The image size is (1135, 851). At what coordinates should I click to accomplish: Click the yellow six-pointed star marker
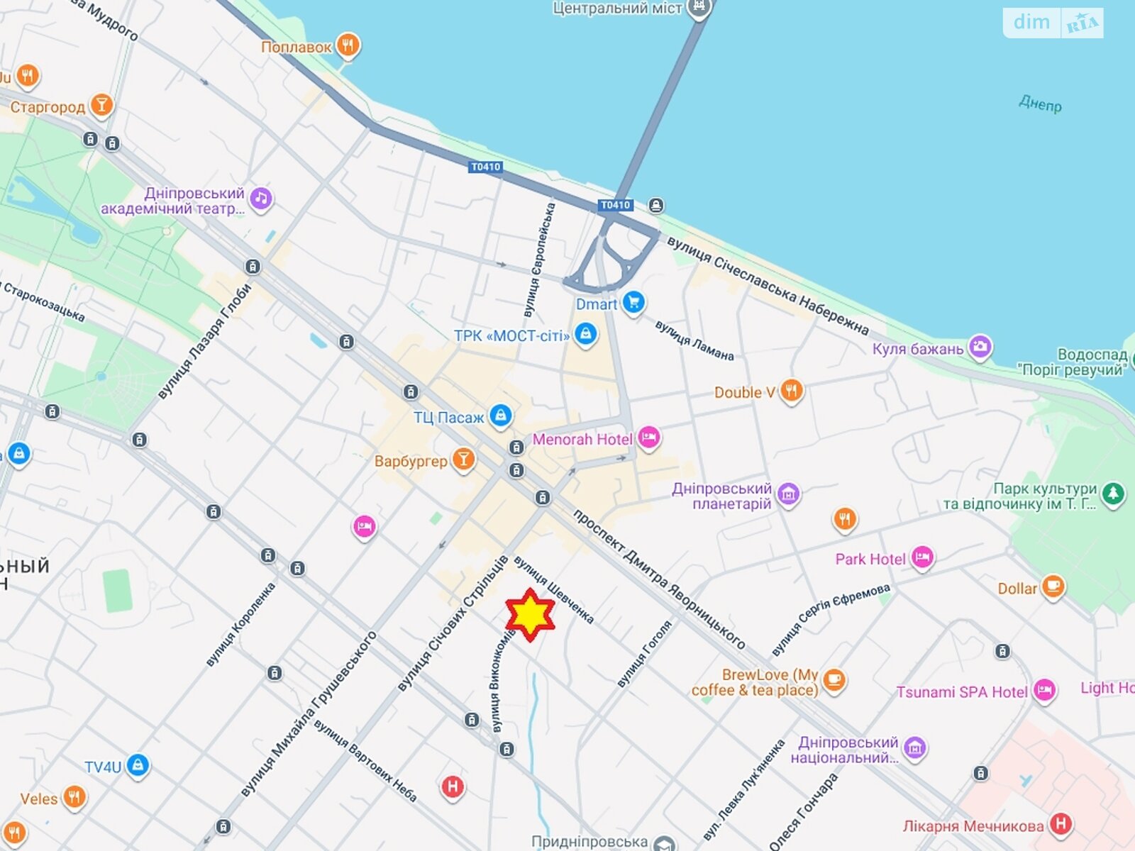pos(530,615)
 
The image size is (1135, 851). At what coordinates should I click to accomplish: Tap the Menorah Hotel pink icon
pos(648,438)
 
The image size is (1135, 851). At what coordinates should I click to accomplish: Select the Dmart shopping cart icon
pos(633,303)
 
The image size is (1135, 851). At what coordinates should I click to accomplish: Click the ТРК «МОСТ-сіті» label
pos(511,335)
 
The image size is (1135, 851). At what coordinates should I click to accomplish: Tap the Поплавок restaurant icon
pos(347,46)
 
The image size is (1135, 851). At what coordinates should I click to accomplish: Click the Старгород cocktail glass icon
pos(101,106)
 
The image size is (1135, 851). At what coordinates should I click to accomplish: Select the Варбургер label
pos(411,461)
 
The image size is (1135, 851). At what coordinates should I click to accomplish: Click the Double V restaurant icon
pos(791,390)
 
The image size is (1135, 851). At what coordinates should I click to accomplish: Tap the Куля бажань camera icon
pos(980,347)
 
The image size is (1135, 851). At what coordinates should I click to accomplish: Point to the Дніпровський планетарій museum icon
pos(788,494)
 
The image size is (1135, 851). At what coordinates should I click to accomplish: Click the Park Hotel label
pos(870,559)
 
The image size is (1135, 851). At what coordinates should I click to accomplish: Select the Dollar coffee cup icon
pos(1053,586)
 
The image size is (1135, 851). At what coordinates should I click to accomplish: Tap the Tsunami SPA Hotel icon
pos(1044,690)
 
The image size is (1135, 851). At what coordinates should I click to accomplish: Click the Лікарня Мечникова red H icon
pos(1061,823)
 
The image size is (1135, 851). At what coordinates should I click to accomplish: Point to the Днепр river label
pos(1040,104)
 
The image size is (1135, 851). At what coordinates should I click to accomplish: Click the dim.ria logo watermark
pos(1053,23)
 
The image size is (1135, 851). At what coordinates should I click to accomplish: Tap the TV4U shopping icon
pos(138,765)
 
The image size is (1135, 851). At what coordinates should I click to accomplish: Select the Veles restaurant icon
pos(74,796)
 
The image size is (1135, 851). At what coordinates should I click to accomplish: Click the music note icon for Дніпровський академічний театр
pos(260,199)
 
